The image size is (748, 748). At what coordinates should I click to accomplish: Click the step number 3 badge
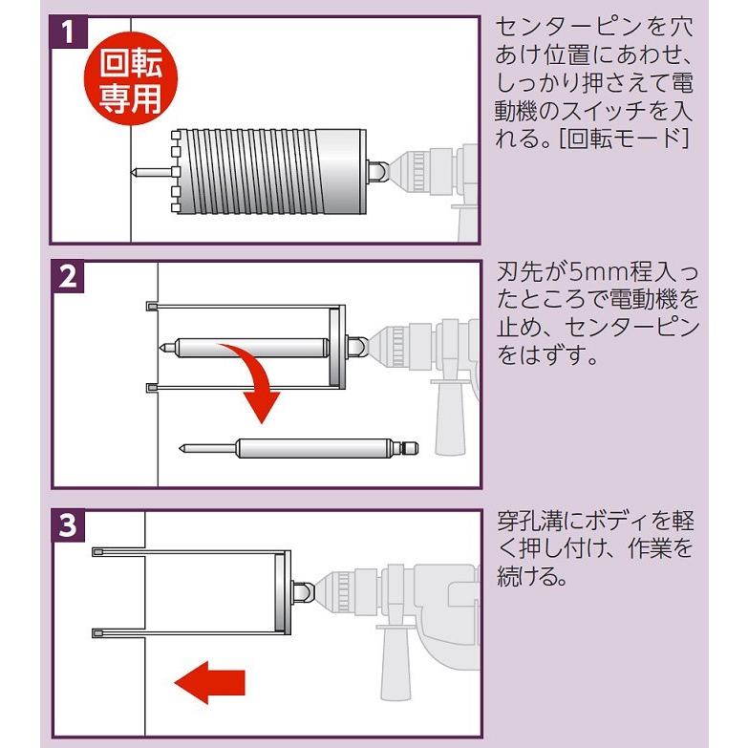(67, 525)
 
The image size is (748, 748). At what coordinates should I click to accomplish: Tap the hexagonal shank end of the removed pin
(407, 447)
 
